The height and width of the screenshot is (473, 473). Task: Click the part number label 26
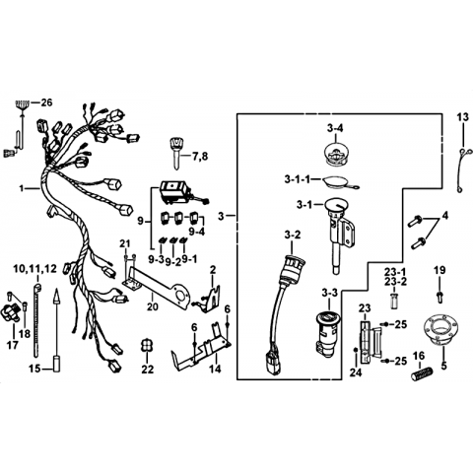click(x=46, y=102)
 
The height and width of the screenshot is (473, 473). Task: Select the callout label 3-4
click(x=335, y=128)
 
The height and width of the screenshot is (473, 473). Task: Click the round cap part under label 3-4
click(x=336, y=153)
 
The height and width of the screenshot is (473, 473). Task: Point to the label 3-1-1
click(x=298, y=179)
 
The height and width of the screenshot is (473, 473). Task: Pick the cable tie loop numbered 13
click(x=461, y=170)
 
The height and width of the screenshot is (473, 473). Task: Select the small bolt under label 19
click(x=439, y=296)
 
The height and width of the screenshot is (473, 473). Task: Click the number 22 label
click(x=148, y=370)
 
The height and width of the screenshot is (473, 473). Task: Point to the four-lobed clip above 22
click(x=147, y=345)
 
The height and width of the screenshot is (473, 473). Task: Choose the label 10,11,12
click(x=35, y=269)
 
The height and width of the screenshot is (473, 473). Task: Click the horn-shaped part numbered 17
click(x=11, y=310)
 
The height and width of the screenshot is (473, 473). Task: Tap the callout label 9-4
click(x=197, y=232)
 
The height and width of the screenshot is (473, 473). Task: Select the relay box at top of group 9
click(x=175, y=193)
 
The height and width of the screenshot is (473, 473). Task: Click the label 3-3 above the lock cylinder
click(x=329, y=293)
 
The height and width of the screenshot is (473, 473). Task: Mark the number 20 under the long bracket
click(x=153, y=306)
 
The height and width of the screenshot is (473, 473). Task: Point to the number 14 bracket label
click(x=215, y=369)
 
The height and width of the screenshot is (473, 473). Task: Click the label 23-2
click(x=395, y=282)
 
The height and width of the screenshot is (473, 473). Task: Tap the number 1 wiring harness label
click(x=22, y=188)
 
